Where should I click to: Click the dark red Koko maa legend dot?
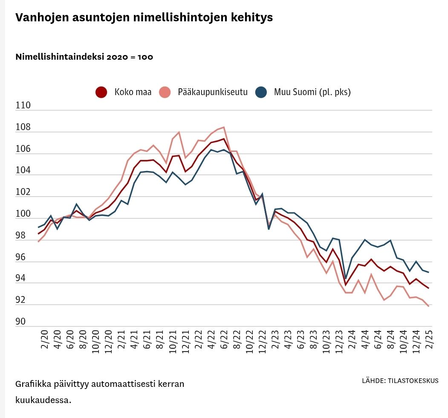click(101, 92)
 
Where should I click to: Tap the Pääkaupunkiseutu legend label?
click(213, 92)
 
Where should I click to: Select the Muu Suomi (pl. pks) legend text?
click(312, 92)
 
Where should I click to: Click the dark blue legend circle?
click(261, 92)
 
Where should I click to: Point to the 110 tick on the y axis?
click(23, 105)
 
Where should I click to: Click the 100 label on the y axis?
click(23, 214)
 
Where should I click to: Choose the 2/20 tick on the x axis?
click(44, 339)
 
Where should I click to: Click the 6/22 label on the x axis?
click(224, 339)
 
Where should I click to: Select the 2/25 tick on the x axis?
click(429, 339)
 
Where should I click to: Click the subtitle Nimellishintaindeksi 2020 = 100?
click(84, 57)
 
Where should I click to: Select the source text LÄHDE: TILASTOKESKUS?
click(400, 381)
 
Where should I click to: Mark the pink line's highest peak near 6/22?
click(224, 127)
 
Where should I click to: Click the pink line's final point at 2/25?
click(428, 306)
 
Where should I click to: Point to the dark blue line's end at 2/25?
click(428, 273)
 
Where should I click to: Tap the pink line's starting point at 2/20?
click(38, 242)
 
